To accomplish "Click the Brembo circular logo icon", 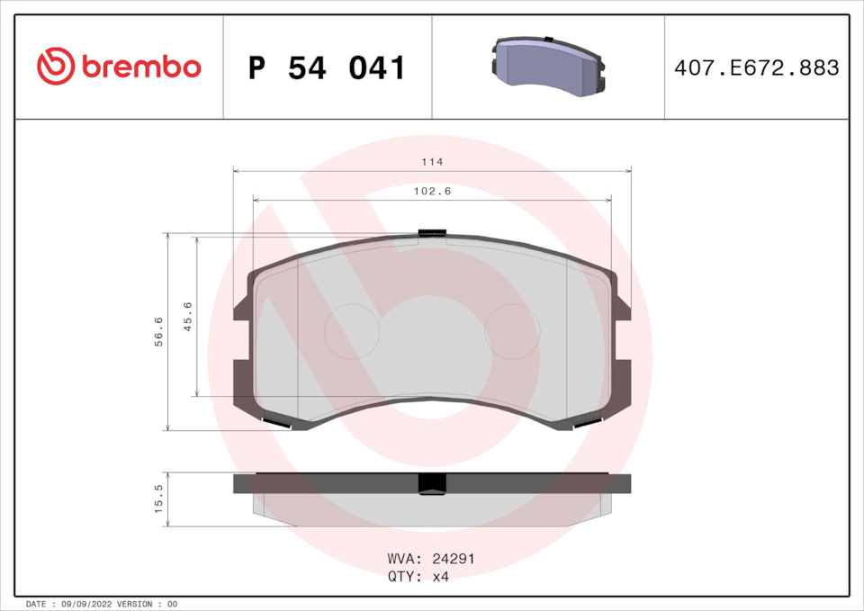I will click(55, 67).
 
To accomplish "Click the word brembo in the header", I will click(141, 67).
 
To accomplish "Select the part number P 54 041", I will click(327, 67).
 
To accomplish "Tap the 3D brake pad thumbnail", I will click(547, 67).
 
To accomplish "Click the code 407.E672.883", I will click(756, 67).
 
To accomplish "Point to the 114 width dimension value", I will click(432, 162).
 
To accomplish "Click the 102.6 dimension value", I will click(432, 191).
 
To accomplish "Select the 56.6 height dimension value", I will click(158, 331).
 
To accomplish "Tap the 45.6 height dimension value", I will click(188, 316).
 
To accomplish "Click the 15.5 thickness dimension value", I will click(158, 499).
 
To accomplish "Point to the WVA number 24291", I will click(455, 559).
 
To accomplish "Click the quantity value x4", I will click(441, 577).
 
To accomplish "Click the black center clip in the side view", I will click(432, 484).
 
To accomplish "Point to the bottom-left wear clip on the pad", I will click(275, 422).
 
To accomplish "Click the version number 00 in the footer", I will click(173, 604).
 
